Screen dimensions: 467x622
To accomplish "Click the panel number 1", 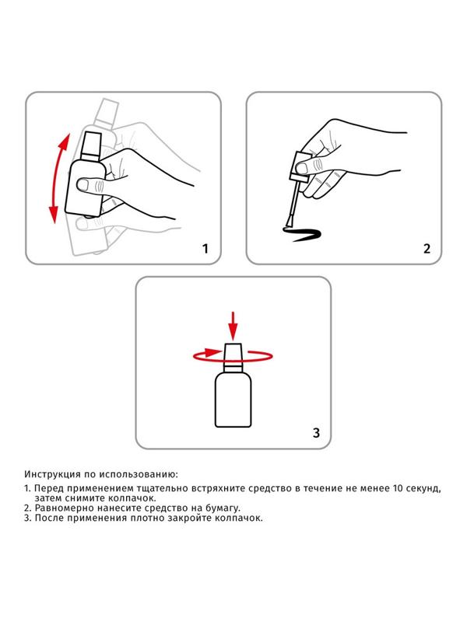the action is pos(205,249).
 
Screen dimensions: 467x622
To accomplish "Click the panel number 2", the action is pos(427,249).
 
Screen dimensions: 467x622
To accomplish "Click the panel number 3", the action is pos(316,433).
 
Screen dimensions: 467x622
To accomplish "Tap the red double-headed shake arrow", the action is pos(58,179).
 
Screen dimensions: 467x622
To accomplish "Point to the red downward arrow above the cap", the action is pos(233,326).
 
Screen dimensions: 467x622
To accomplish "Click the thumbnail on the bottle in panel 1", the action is pos(83,184).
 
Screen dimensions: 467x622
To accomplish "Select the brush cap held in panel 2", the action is pos(300,166).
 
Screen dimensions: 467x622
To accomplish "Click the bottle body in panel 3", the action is pos(233,400).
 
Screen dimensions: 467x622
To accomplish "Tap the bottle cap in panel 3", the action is pos(233,358).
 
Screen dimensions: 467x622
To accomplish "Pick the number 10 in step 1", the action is pos(398,488).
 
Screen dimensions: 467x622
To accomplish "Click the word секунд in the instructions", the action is pos(423,488).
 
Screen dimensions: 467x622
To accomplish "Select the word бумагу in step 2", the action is pos(223,508).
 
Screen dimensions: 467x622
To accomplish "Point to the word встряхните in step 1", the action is pos(218,488).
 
